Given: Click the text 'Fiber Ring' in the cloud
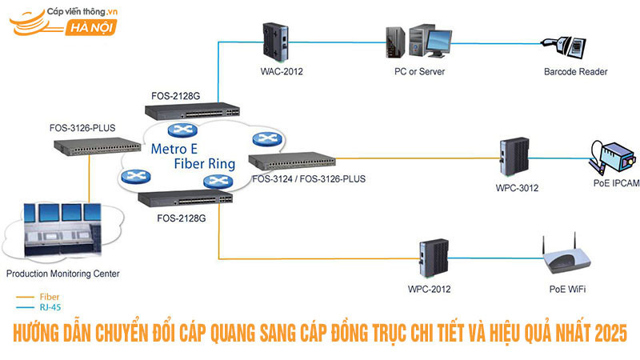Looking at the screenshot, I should point(205,164).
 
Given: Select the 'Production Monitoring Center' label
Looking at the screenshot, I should point(62,274).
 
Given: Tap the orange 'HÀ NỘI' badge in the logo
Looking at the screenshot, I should point(94,29).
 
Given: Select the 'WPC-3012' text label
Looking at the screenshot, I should point(517,189).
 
